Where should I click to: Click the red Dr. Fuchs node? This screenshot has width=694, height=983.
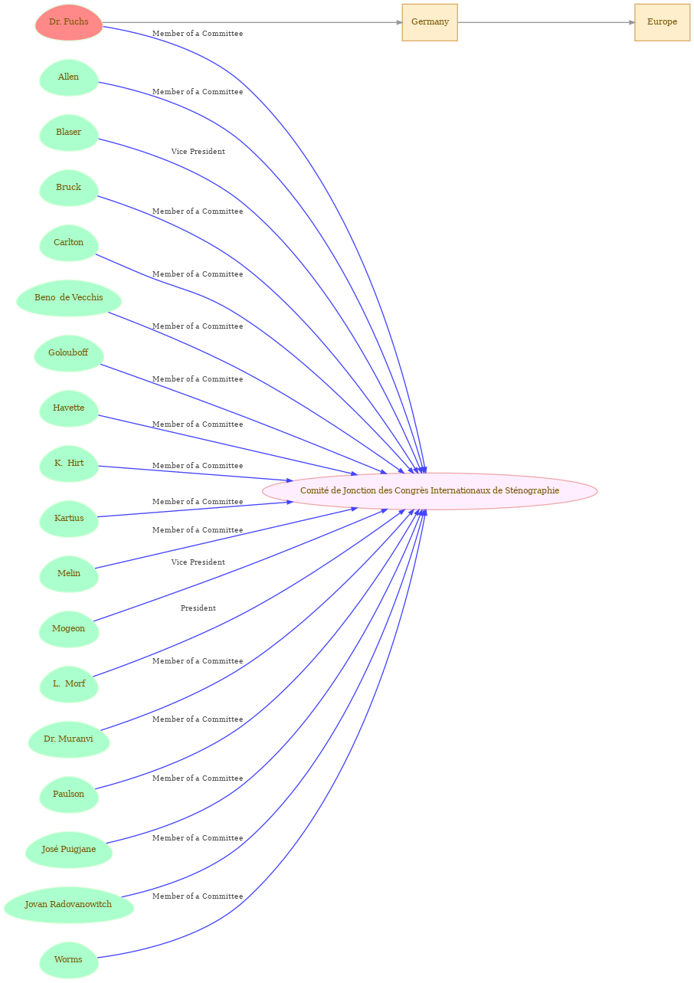tap(69, 22)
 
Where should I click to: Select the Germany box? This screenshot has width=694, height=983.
tap(430, 22)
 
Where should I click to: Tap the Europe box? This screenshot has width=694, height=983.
tap(662, 22)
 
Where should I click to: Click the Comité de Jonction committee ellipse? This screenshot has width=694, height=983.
tap(430, 491)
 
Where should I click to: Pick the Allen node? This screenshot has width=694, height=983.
tap(69, 77)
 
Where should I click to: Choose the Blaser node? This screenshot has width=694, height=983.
tap(69, 133)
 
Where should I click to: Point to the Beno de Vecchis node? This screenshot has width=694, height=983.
tap(69, 298)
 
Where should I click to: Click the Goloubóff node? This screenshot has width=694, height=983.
tap(69, 354)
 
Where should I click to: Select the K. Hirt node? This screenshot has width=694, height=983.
tap(69, 464)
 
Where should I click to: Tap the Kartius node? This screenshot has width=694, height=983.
tap(69, 519)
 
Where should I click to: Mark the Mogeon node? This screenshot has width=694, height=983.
tap(69, 629)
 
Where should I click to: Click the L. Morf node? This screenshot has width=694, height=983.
tap(69, 685)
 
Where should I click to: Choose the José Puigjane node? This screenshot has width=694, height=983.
tap(69, 850)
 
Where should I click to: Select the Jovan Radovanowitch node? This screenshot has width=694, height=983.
tap(69, 906)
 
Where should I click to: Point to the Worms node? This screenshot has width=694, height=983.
tap(69, 961)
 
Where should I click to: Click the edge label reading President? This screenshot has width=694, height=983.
tap(198, 608)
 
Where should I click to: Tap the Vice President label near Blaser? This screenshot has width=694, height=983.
tap(198, 152)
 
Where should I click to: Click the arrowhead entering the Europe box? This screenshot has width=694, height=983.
tap(632, 22)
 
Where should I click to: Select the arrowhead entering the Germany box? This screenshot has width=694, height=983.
tap(399, 22)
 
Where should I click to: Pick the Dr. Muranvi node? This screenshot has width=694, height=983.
tap(69, 740)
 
